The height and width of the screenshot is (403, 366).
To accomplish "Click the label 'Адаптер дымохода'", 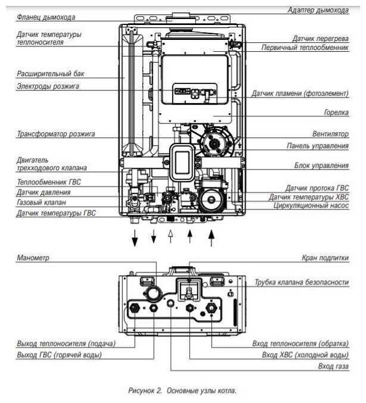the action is [318, 10].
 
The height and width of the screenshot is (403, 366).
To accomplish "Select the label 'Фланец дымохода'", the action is [46, 17].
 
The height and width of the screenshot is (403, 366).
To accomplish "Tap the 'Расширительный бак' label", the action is [51, 74].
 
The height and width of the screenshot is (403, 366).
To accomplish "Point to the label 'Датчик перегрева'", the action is [321, 39].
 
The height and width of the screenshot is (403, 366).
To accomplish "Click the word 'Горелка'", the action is [336, 113].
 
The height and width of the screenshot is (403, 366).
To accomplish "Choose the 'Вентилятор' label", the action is [330, 134].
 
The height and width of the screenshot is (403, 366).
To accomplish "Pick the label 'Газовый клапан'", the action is [42, 202].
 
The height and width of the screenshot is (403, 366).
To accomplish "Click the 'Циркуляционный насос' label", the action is [311, 205].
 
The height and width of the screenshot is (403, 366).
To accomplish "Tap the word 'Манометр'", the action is [33, 258].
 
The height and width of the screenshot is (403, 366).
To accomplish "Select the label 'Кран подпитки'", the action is [325, 258].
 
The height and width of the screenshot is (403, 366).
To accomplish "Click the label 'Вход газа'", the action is [333, 366].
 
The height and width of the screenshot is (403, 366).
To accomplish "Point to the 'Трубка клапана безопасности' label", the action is [302, 282].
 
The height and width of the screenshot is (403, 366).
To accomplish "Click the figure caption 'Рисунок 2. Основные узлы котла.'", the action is [182, 390].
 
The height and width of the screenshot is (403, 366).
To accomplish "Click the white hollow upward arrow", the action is [170, 236].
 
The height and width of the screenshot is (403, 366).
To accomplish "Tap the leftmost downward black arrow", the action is [134, 238].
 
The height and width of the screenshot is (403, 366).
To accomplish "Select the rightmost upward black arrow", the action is [211, 238].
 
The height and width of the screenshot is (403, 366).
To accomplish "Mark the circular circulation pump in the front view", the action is [211, 199].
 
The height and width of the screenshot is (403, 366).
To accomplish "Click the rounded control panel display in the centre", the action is [182, 163].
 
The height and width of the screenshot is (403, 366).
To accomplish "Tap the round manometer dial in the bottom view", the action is [154, 293].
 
